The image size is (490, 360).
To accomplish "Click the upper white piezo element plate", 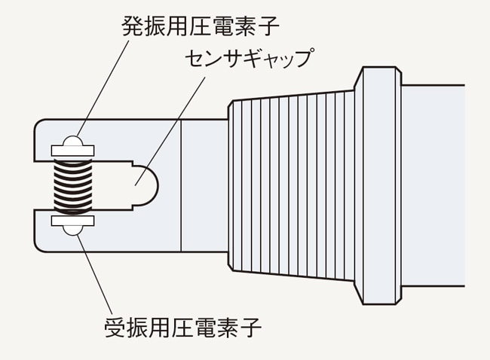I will [x=72, y=151].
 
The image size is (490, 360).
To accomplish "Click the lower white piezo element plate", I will [x=72, y=220].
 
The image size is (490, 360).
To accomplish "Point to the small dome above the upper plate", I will [x=72, y=141].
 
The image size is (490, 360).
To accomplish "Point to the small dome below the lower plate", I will [x=72, y=230].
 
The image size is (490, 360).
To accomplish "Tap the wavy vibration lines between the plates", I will [x=72, y=185].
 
